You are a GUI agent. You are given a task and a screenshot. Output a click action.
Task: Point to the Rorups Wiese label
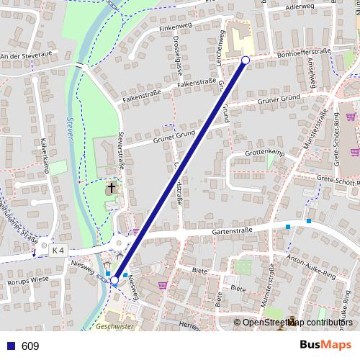27,279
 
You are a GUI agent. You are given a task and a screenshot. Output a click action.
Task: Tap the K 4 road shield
58,250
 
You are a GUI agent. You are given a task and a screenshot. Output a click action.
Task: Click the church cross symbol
112,189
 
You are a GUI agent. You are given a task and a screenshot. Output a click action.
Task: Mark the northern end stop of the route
246,60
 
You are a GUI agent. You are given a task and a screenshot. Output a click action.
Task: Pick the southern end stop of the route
114,280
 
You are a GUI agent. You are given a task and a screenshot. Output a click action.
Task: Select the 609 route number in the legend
30,346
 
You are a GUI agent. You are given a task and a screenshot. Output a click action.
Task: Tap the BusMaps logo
326,346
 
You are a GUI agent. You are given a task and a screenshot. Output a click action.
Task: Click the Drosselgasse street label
176,60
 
